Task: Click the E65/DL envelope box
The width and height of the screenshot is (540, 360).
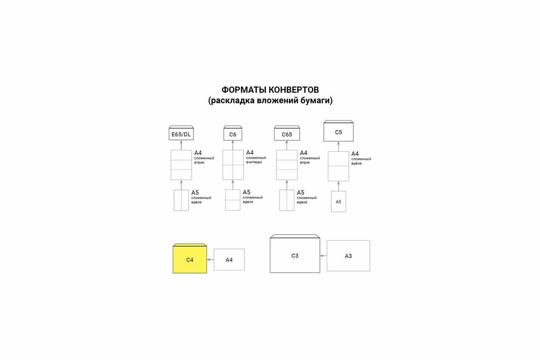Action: click(181, 134)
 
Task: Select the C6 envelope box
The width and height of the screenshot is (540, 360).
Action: click(233, 134)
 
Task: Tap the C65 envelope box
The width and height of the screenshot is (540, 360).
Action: click(287, 134)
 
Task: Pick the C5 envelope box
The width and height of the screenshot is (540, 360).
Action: click(338, 132)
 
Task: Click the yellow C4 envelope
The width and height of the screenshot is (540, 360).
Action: click(190, 260)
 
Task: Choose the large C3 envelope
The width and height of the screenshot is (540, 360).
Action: click(295, 256)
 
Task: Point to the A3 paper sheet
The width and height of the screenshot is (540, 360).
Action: click(348, 256)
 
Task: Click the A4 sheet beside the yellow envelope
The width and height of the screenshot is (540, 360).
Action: click(229, 260)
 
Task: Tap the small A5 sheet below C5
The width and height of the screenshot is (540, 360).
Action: click(338, 202)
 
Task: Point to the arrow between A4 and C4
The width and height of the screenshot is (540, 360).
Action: click(210, 260)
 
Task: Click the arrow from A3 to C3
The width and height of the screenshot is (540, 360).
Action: click(323, 256)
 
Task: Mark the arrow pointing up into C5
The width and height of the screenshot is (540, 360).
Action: click(338, 146)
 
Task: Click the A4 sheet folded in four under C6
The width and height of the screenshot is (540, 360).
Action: click(233, 165)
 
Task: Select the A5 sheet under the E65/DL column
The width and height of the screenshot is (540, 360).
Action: click(181, 200)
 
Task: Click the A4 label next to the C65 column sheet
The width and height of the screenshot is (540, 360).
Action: click(304, 153)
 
